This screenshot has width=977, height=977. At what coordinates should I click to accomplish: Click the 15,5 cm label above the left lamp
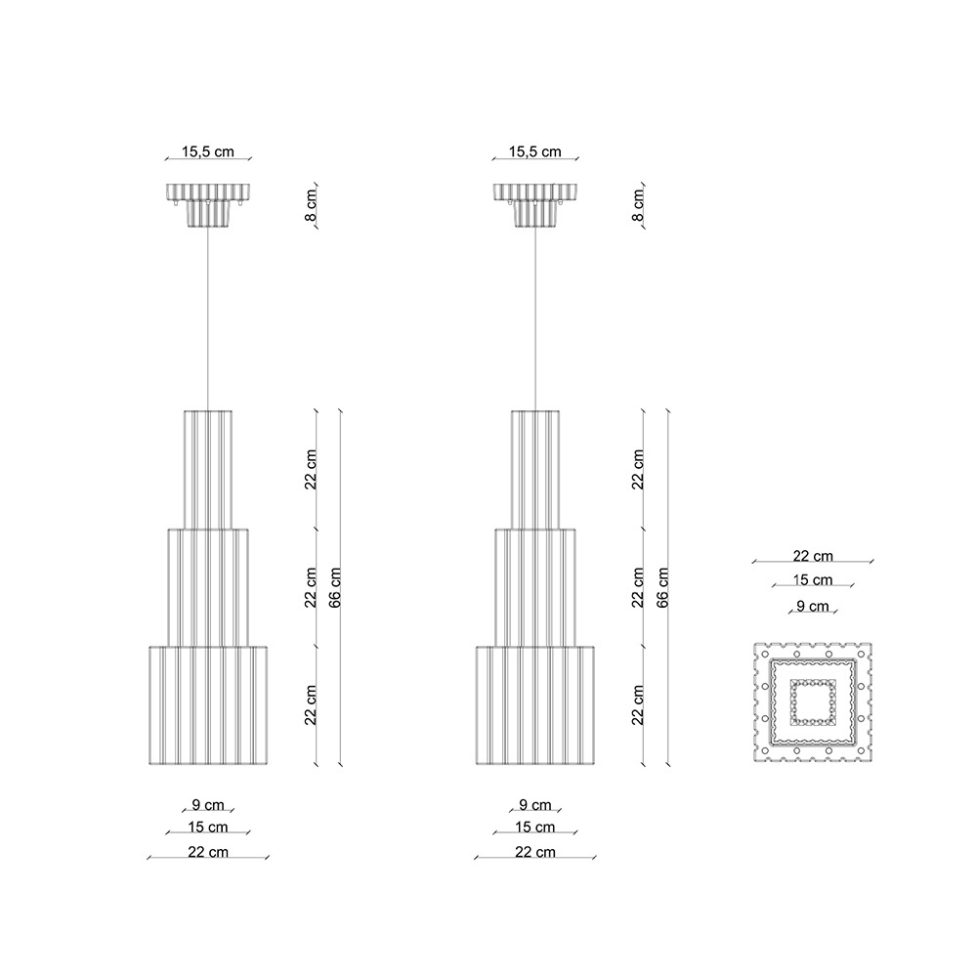pyautogui.click(x=208, y=151)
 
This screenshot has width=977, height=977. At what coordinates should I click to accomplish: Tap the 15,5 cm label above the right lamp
pyautogui.click(x=534, y=151)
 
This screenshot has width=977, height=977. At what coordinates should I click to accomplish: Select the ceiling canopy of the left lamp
pyautogui.click(x=208, y=204)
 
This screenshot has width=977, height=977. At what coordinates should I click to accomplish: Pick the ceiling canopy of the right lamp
pyautogui.click(x=534, y=204)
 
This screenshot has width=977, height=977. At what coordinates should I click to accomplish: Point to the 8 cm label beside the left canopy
pyautogui.click(x=311, y=204)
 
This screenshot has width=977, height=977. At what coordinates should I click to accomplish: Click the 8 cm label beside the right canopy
pyautogui.click(x=638, y=204)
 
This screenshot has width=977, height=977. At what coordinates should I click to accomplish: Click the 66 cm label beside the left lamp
pyautogui.click(x=335, y=586)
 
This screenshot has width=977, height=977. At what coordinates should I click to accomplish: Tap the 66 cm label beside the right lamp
pyautogui.click(x=662, y=586)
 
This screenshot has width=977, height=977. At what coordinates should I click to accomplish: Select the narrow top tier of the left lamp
pyautogui.click(x=208, y=469)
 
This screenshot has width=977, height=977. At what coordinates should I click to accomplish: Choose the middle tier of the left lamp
pyautogui.click(x=208, y=586)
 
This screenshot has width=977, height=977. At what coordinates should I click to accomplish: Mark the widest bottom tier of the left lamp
pyautogui.click(x=208, y=705)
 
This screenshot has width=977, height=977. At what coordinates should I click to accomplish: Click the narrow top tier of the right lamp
pyautogui.click(x=535, y=469)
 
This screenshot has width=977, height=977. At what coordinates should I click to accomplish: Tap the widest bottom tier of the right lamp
pyautogui.click(x=535, y=705)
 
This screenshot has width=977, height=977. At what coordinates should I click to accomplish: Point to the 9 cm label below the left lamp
pyautogui.click(x=208, y=805)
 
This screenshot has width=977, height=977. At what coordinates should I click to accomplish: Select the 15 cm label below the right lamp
pyautogui.click(x=535, y=828)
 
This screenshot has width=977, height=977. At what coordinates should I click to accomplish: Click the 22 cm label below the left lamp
pyautogui.click(x=208, y=851)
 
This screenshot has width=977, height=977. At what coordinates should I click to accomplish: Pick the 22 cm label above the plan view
pyautogui.click(x=813, y=556)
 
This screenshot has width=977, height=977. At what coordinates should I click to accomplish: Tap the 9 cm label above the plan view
pyautogui.click(x=813, y=606)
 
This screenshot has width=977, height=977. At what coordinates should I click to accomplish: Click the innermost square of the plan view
pyautogui.click(x=813, y=701)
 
